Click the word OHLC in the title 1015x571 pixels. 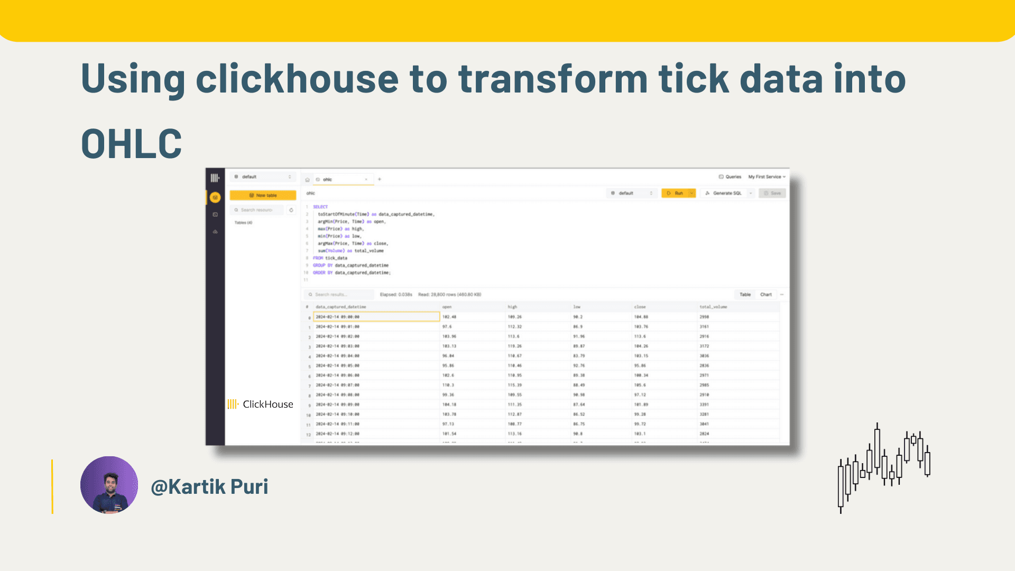pos(131,144)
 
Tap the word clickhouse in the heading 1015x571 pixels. pos(297,79)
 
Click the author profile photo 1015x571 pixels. pos(109,485)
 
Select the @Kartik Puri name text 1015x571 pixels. pos(209,487)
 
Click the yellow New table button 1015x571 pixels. pos(263,195)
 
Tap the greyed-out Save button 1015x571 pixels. pos(772,193)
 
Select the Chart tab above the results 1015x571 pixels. pos(765,294)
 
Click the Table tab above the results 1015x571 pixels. pos(745,294)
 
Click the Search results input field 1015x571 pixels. pos(339,294)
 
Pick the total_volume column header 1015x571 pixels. pos(713,307)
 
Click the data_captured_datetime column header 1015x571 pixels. pos(340,307)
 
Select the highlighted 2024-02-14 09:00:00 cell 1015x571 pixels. pos(376,317)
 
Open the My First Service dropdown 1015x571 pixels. pos(767,177)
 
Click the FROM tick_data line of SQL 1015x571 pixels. pos(330,258)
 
